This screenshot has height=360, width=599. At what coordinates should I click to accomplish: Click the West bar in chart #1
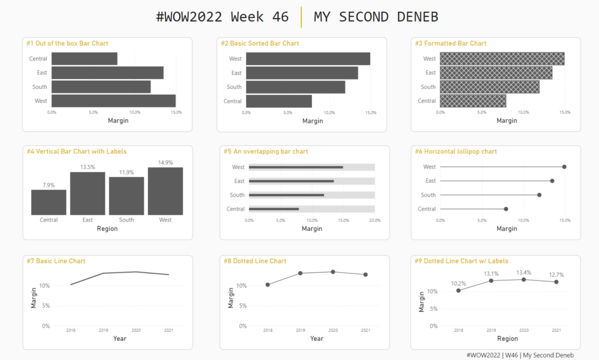(x=113, y=101)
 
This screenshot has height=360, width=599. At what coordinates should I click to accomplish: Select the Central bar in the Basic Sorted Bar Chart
(x=278, y=101)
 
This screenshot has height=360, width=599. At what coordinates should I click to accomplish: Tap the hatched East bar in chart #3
(x=495, y=73)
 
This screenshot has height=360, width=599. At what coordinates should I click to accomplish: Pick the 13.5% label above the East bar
(x=87, y=167)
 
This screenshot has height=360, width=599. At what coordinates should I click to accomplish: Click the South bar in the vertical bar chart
(x=126, y=196)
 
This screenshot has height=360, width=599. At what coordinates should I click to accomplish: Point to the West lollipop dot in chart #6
(x=564, y=167)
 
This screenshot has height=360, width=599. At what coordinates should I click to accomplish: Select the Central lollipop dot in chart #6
(x=506, y=209)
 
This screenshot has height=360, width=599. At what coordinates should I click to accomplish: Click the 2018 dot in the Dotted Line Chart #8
(x=268, y=285)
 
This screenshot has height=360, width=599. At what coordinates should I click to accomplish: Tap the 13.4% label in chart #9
(x=524, y=272)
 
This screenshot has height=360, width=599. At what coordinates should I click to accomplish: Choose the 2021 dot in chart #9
(x=556, y=282)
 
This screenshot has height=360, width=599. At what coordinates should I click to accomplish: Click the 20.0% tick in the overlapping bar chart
(x=374, y=221)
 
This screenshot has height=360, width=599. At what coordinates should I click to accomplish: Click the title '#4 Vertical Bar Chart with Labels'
(x=76, y=152)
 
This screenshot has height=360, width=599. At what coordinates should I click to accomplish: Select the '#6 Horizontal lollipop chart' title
(x=456, y=152)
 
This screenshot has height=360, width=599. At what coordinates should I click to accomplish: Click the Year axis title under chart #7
(x=120, y=338)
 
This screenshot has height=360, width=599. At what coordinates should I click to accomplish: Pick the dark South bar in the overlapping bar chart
(x=286, y=195)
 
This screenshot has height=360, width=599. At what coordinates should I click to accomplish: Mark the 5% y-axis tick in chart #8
(x=242, y=306)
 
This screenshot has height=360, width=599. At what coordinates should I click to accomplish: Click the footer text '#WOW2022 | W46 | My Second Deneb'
(x=520, y=355)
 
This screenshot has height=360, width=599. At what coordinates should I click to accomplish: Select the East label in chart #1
(x=42, y=73)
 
